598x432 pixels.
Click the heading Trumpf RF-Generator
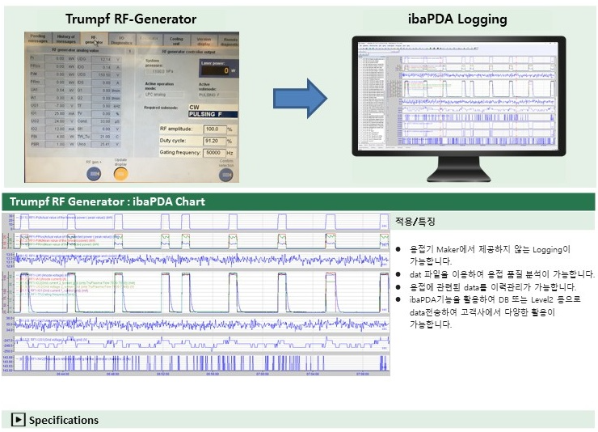pyautogui.click(x=130, y=19)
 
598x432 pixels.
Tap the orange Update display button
pyautogui.click(x=121, y=171)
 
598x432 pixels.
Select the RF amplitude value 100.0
pyautogui.click(x=214, y=129)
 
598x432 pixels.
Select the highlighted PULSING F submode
pyautogui.click(x=207, y=115)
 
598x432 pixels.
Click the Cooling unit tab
pyautogui.click(x=176, y=40)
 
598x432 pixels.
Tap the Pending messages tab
pyautogui.click(x=38, y=39)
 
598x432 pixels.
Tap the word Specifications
pyautogui.click(x=64, y=420)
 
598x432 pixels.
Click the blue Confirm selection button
pyautogui.click(x=227, y=171)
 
